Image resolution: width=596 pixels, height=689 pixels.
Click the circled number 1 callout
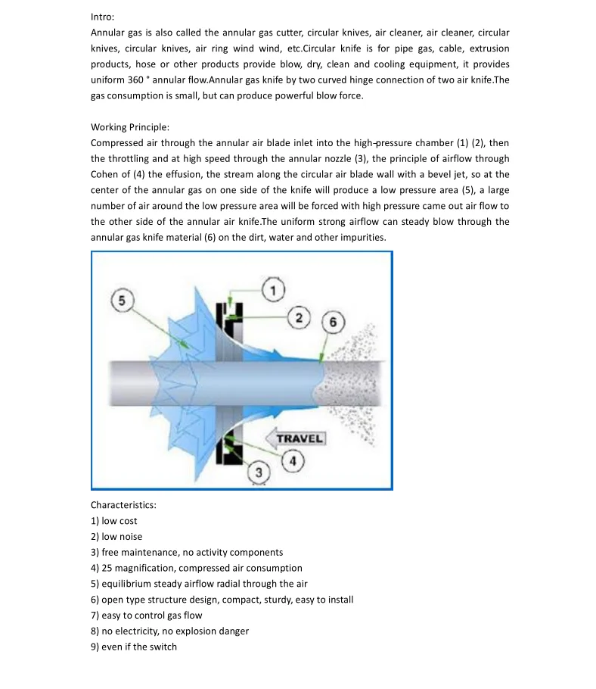(272, 288)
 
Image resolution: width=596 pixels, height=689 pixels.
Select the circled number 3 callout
(259, 472)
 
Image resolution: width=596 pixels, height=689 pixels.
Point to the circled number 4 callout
(293, 461)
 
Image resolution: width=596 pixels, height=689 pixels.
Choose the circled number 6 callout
(332, 321)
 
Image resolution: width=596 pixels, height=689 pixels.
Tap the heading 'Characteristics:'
(123, 505)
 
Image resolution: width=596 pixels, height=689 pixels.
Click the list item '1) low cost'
(114, 521)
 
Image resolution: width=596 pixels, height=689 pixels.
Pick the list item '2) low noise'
(116, 537)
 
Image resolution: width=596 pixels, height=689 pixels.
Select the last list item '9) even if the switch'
(134, 647)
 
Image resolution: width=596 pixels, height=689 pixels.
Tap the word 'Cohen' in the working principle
(105, 174)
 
